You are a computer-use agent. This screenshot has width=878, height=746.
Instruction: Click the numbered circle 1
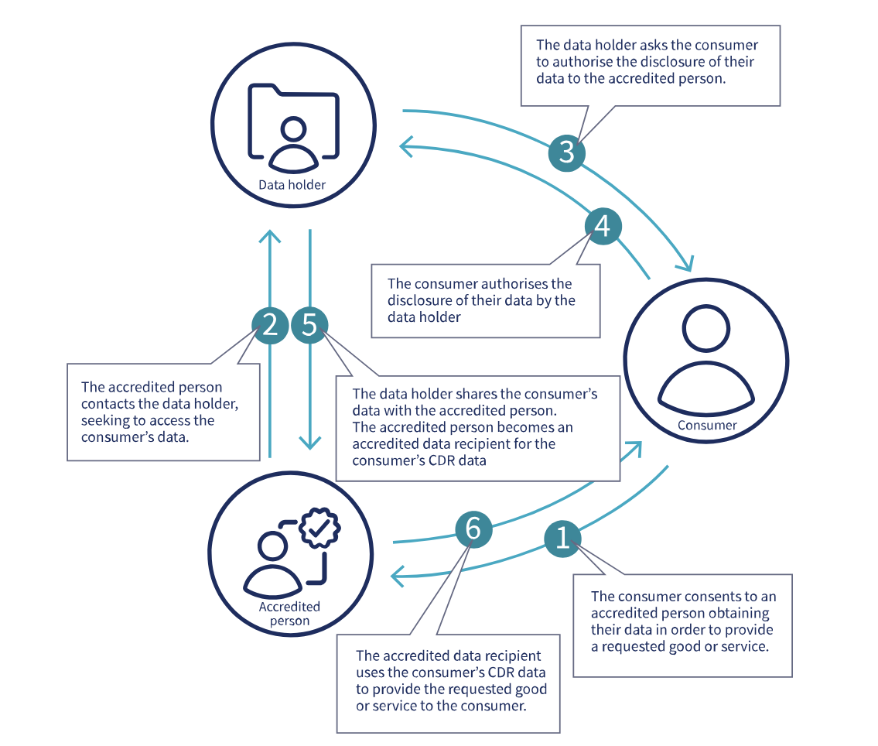[x=563, y=537]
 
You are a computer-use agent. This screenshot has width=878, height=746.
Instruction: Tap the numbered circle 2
[x=270, y=326]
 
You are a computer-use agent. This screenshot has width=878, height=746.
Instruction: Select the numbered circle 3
[x=567, y=152]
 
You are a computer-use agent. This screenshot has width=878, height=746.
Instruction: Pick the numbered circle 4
[x=603, y=226]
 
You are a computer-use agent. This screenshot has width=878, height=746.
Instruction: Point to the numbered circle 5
[x=310, y=326]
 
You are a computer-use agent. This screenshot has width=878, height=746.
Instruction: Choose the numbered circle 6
[x=473, y=530]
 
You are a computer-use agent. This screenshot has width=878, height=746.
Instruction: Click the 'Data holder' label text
[x=292, y=185]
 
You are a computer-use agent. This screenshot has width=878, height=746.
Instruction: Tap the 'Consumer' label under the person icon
[x=707, y=426]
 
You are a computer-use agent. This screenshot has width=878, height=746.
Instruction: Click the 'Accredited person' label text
[x=289, y=614]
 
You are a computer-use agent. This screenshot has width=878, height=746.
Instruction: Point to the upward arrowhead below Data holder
[x=269, y=236]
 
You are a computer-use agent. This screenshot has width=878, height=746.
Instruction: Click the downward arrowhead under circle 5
[x=310, y=443]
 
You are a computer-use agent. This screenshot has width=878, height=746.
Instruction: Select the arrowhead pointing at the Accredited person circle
[x=398, y=575]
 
